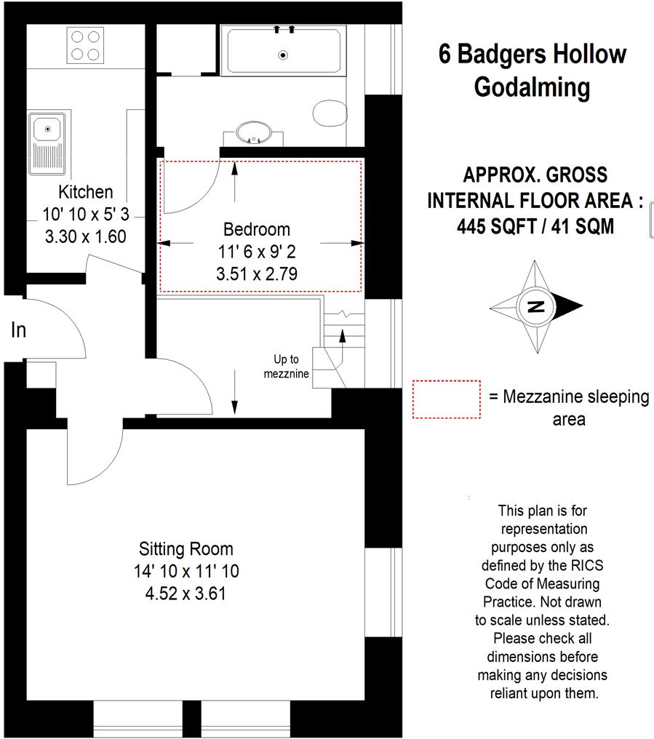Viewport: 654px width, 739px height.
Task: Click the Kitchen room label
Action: click(86, 192)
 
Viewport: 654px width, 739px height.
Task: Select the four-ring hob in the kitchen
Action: click(85, 45)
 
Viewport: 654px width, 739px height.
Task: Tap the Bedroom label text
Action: click(256, 230)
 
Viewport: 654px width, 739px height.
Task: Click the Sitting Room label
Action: click(186, 548)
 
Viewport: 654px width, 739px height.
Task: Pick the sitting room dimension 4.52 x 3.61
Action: click(186, 593)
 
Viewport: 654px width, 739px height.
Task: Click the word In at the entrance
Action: click(18, 330)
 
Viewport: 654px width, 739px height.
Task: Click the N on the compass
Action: click(536, 306)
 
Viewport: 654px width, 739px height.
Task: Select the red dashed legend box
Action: click(446, 399)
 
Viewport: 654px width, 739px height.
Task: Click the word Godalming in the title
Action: click(532, 87)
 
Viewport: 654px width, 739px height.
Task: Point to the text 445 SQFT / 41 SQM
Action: click(535, 226)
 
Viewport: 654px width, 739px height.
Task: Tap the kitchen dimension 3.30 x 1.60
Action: click(86, 236)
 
